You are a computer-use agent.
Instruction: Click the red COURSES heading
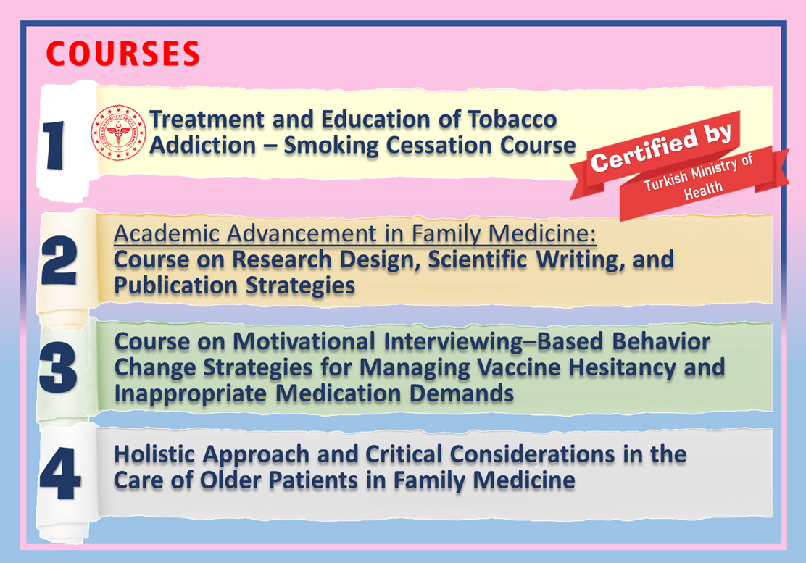[x=122, y=54]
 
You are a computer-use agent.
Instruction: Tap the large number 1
[x=54, y=146]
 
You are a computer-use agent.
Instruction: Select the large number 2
[x=59, y=260]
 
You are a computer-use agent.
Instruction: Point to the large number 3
[x=58, y=367]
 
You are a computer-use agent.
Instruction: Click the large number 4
[x=60, y=473]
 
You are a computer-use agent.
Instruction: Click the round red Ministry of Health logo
[x=118, y=132]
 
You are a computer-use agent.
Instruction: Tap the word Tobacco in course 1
[x=512, y=119]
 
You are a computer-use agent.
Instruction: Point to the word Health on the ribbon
[x=702, y=190]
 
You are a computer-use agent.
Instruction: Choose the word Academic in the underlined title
[x=167, y=234]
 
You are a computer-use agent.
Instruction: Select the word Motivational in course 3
[x=304, y=341]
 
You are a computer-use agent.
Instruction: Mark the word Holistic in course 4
[x=154, y=454]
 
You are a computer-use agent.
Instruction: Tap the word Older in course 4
[x=230, y=480]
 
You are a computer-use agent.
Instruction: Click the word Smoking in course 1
[x=331, y=146]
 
